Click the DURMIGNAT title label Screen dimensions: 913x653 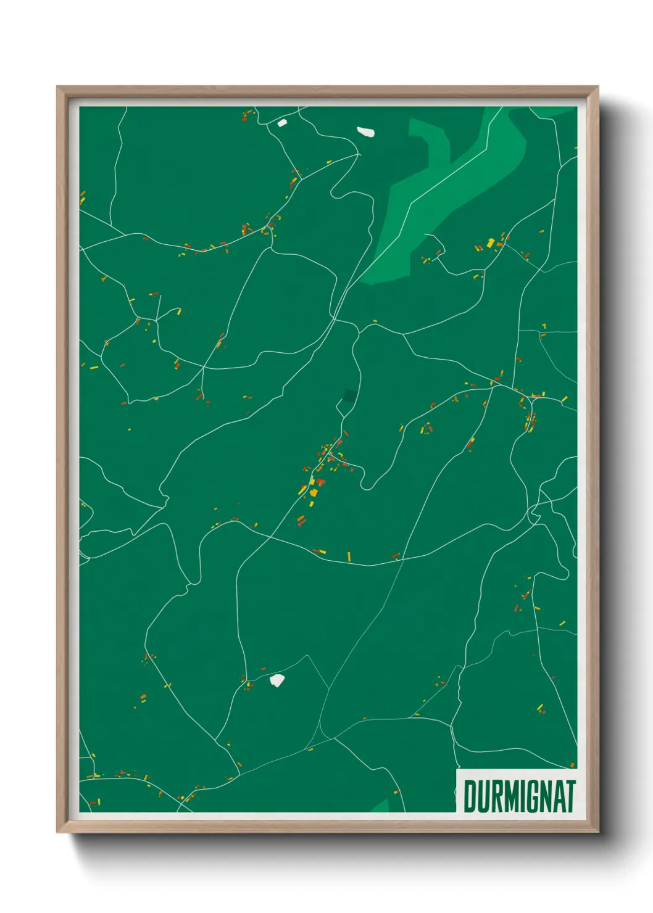518,796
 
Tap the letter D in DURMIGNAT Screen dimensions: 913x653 469,796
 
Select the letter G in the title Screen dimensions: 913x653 532,796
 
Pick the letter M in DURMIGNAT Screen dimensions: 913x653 506,796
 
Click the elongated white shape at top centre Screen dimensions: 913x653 365,131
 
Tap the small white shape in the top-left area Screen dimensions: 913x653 282,123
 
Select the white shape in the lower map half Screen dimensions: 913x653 277,680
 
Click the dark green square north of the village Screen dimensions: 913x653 350,395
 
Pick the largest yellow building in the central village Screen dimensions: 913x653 313,492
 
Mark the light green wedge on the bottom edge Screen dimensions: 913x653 381,806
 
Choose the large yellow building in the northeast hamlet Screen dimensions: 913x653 491,242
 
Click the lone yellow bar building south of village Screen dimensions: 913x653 349,556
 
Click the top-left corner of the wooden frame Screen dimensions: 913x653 58,88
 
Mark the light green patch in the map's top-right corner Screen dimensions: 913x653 552,111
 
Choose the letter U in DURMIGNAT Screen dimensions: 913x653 481,796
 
